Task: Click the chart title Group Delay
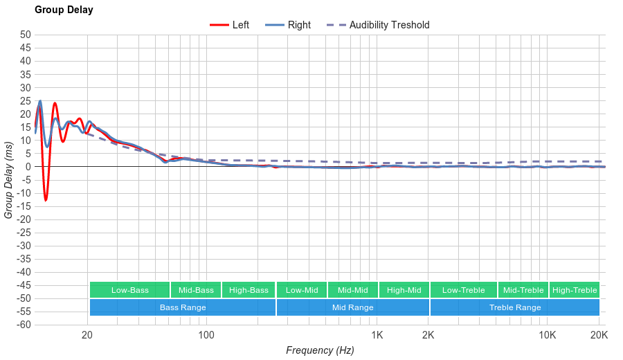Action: (64, 10)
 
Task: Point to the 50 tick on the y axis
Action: (26, 35)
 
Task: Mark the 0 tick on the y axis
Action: (28, 167)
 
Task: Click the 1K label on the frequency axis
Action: (377, 336)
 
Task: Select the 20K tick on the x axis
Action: (599, 336)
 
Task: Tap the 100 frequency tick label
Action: (206, 336)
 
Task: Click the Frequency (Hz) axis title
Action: (320, 350)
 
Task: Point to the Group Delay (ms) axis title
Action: (9, 180)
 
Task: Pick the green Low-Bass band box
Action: (129, 290)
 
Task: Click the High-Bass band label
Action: (249, 290)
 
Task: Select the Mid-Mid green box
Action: (352, 290)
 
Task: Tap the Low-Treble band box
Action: (463, 290)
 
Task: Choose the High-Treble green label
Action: (575, 290)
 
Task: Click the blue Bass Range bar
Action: (183, 307)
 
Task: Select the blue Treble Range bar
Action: (514, 307)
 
